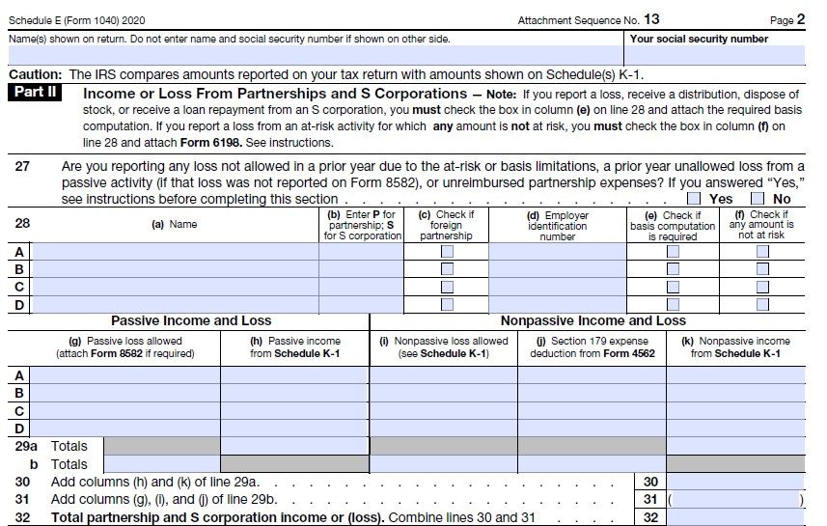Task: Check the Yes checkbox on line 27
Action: [x=694, y=198]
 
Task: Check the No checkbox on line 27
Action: [x=758, y=198]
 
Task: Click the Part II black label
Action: [x=39, y=94]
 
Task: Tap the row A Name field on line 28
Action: [x=176, y=251]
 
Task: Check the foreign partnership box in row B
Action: [x=447, y=269]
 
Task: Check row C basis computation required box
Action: [x=673, y=287]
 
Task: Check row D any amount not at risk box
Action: [x=762, y=305]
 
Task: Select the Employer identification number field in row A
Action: [x=557, y=251]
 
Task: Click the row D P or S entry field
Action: [x=361, y=305]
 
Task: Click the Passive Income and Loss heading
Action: [x=191, y=320]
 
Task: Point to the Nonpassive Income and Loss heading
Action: [x=593, y=320]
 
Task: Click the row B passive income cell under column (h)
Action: [x=295, y=393]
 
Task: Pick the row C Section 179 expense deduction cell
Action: [x=592, y=410]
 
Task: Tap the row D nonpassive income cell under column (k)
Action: [x=735, y=429]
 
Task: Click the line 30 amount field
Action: [x=735, y=482]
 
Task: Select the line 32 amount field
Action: [x=735, y=517]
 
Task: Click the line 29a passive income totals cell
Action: [x=295, y=446]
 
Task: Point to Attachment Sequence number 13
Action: [x=651, y=19]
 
